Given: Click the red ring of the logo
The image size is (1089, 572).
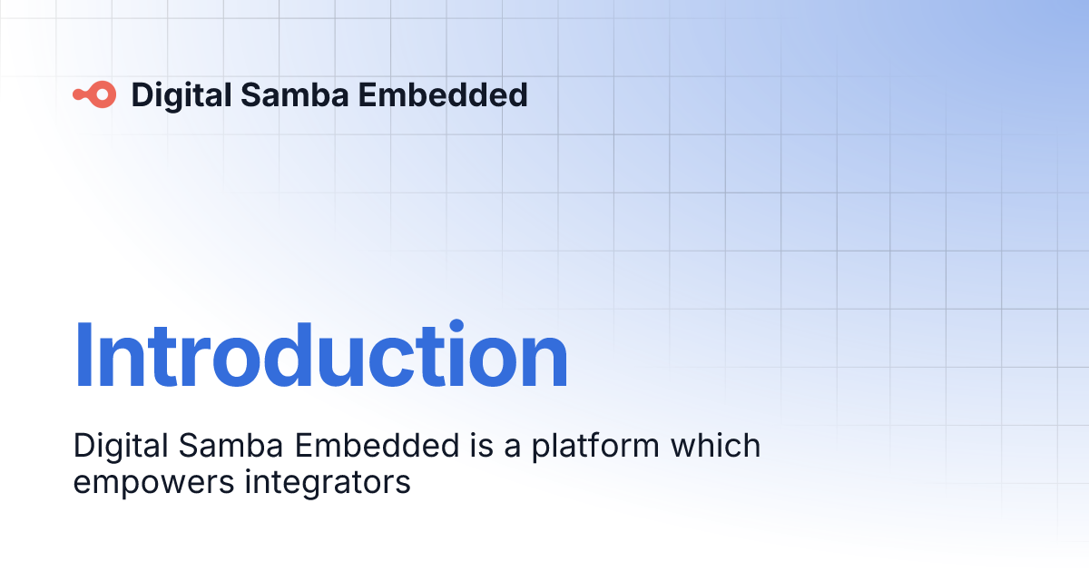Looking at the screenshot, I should pos(104,94).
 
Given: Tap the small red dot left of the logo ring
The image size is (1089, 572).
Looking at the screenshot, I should pos(79,94).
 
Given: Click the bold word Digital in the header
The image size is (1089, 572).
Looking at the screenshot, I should pos(178,94).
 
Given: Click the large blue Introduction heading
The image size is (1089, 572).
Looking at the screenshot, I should pos(320,357).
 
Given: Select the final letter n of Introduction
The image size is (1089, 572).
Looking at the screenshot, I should pos(543,363).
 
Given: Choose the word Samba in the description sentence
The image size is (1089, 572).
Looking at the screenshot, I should pos(227,446).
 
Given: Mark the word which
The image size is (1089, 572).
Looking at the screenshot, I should pos(715,446).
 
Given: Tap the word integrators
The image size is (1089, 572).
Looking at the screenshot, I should pos(328,482).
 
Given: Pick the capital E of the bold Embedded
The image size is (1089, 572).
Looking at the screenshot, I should pos(360,94).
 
